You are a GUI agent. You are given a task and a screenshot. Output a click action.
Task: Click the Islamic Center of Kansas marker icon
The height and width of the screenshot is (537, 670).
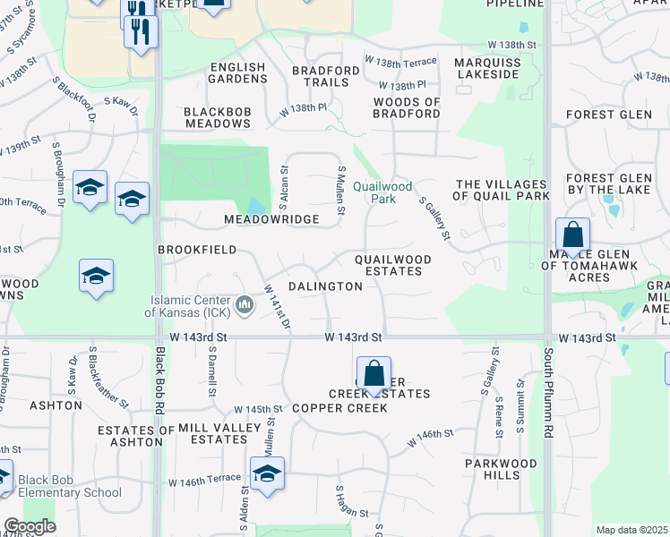(x=244, y=306)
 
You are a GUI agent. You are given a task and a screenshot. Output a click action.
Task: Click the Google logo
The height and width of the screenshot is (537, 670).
(x=30, y=526)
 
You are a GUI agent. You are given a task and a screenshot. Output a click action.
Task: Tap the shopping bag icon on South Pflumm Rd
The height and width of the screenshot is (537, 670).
(x=572, y=236)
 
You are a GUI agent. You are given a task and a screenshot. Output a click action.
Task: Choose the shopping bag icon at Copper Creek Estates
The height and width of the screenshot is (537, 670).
(x=374, y=373)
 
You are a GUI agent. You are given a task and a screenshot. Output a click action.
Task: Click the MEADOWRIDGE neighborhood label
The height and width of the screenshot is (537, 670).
(x=271, y=219)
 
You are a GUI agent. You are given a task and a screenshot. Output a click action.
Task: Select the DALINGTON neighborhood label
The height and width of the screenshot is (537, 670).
(x=325, y=286)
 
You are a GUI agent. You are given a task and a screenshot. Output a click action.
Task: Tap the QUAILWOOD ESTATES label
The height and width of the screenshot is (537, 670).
(x=392, y=265)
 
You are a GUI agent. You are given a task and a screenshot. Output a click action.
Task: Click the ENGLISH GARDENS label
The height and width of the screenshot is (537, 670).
(x=237, y=73)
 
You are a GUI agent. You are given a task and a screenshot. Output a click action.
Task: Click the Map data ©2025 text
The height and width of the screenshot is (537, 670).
(x=631, y=530)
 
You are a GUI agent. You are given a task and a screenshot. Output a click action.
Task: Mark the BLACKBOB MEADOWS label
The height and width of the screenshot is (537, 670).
(x=217, y=117)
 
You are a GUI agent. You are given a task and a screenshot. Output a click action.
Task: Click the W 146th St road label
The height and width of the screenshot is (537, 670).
(x=431, y=438)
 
